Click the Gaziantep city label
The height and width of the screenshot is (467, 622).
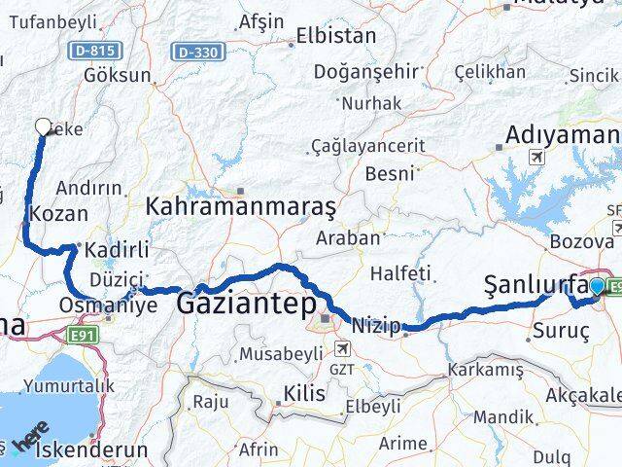pos(246,305)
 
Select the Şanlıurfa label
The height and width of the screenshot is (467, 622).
pos(536,285)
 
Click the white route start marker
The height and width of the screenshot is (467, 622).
pos(43,126)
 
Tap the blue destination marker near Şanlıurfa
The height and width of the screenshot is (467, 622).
pos(595,287)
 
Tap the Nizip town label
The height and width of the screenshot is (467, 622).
pos(376,325)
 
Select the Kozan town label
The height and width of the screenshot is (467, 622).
pos(60,213)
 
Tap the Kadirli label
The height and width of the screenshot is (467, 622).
pos(116,250)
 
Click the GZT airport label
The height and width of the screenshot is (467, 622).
pos(342,370)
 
